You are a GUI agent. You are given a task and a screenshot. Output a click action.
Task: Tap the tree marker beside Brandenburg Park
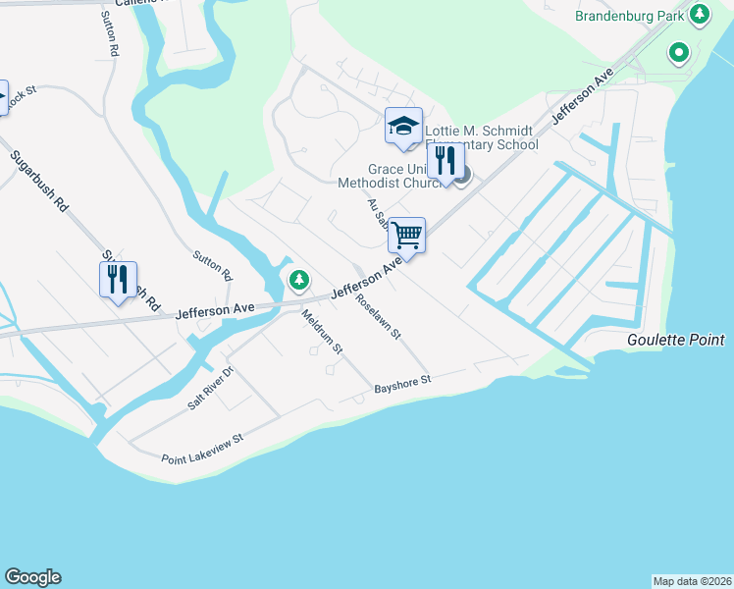coord(700,15)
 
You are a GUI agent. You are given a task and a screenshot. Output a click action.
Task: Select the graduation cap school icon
coord(403,127)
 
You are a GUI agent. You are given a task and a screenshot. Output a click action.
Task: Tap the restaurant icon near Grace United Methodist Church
coord(446,160)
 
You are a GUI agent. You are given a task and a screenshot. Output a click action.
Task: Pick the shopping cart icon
coord(406,237)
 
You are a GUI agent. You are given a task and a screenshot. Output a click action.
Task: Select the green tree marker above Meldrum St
coord(299,282)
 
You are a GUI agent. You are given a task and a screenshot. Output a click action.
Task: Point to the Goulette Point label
coord(676,340)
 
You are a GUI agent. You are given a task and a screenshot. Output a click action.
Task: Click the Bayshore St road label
coord(402,385)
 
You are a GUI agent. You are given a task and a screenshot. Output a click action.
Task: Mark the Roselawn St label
coord(379,317)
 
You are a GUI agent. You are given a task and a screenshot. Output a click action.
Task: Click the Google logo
coord(32,577)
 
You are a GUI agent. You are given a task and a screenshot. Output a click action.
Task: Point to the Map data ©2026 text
coord(692,581)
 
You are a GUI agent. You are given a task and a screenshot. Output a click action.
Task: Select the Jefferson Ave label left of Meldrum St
coord(215,311)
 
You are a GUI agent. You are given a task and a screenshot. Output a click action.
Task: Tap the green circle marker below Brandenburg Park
coord(678,52)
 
